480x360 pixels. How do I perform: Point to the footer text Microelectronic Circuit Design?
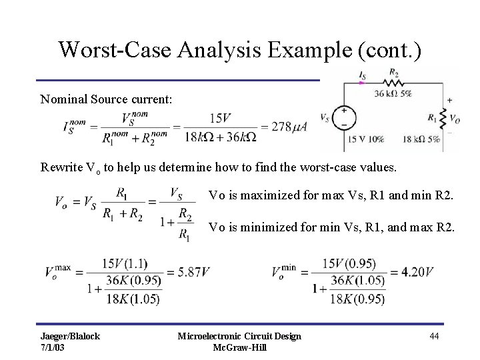[x=239, y=336]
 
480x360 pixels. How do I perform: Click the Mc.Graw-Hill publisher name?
[x=239, y=347]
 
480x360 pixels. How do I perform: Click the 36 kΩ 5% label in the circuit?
[x=392, y=94]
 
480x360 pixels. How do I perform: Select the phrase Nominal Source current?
[x=107, y=99]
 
